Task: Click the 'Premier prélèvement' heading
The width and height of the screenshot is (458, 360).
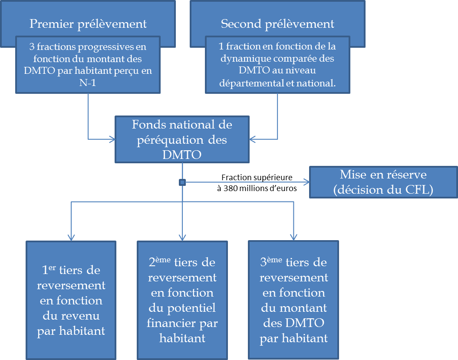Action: tap(88, 23)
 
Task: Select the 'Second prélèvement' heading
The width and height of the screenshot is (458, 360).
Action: tap(277, 23)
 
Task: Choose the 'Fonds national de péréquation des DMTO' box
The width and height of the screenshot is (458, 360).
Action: tap(182, 139)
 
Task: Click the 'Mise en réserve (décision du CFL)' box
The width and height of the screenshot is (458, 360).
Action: tap(383, 182)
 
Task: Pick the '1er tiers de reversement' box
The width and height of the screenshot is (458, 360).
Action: tap(71, 300)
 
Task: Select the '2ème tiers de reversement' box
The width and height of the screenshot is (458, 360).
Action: tap(182, 300)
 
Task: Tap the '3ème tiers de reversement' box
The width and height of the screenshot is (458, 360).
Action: tap(293, 300)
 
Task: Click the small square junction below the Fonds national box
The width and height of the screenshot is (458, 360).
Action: tap(182, 182)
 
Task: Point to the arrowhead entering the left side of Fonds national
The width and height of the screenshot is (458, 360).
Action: tap(112, 139)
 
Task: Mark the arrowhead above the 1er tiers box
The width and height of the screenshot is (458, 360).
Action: tap(71, 237)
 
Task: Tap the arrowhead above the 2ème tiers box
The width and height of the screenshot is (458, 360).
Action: tap(182, 237)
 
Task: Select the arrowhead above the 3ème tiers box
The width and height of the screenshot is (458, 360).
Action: tap(294, 237)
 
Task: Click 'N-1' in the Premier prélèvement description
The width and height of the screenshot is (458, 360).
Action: tap(88, 83)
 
